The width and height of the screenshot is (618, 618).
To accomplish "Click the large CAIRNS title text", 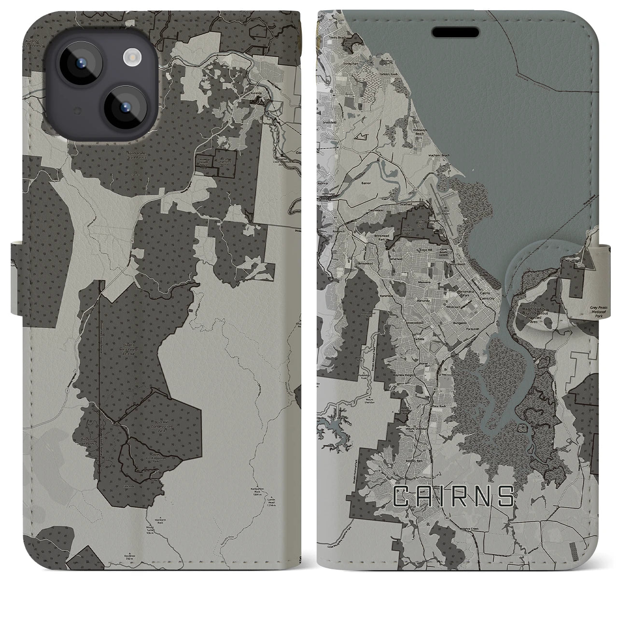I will point(453,496).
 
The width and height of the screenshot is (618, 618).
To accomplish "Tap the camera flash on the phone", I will point(131,58).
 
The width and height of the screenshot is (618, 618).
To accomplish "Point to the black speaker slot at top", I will point(456,32).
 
